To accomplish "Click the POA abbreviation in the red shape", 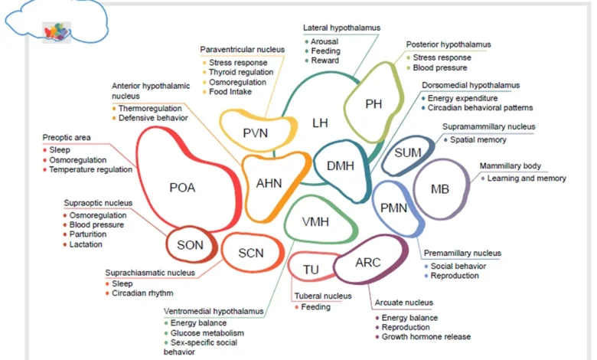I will pyautogui.click(x=182, y=187).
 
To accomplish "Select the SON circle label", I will pyautogui.click(x=190, y=245).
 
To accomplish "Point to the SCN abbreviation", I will pyautogui.click(x=250, y=253).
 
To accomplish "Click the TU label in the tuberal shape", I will pyautogui.click(x=311, y=270).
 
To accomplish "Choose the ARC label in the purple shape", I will pyautogui.click(x=367, y=263).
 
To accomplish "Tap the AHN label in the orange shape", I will pyautogui.click(x=269, y=182).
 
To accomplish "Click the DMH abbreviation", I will pyautogui.click(x=341, y=165).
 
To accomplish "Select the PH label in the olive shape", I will pyautogui.click(x=374, y=104).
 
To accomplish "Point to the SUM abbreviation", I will pyautogui.click(x=408, y=153).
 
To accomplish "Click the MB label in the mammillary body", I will pyautogui.click(x=440, y=189).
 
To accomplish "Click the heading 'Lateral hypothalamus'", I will pyautogui.click(x=341, y=28).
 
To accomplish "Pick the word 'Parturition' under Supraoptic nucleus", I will pyautogui.click(x=88, y=234).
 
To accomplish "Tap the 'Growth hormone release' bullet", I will pyautogui.click(x=426, y=336).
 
